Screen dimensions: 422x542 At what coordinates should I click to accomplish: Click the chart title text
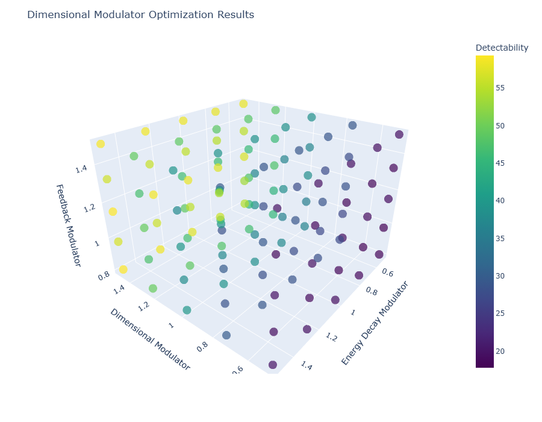tap(140, 14)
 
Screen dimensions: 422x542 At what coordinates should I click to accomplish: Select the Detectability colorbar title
tap(502, 48)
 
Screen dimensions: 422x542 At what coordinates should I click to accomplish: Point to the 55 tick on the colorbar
tap(500, 88)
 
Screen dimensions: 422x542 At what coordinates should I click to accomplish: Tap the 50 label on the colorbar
tap(500, 125)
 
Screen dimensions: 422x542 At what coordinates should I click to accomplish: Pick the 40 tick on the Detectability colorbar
tap(500, 201)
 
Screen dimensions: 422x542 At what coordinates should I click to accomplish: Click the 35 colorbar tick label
tap(500, 238)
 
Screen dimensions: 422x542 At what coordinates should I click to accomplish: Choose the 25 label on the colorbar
tap(500, 313)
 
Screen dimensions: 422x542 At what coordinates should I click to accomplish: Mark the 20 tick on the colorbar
tap(500, 351)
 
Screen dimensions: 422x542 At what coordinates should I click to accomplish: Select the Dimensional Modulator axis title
tap(149, 339)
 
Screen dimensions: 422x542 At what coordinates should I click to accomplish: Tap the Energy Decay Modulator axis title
tap(375, 323)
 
